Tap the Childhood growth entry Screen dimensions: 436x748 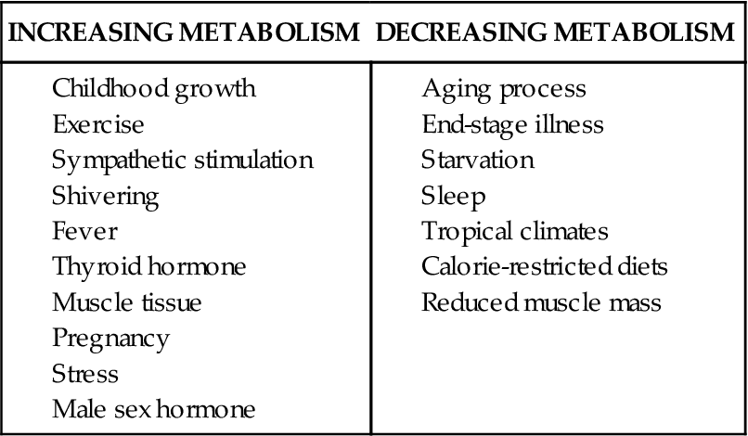(154, 90)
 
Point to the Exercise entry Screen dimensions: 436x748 (98, 124)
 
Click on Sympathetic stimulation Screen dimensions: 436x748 (182, 160)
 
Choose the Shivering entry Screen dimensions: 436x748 (106, 197)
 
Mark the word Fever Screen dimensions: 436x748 (85, 231)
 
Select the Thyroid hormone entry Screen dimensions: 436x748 (149, 267)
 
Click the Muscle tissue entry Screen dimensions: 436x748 (127, 302)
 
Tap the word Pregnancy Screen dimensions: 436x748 (111, 339)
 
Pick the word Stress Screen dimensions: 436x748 (85, 374)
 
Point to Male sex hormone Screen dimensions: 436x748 (154, 409)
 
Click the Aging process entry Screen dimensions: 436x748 (504, 90)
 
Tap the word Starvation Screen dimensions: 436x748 (478, 160)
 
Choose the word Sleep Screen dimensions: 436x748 (454, 197)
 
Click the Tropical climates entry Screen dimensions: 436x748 (515, 231)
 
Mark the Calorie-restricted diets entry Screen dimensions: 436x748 (545, 267)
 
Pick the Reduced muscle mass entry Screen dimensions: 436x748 (541, 302)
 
